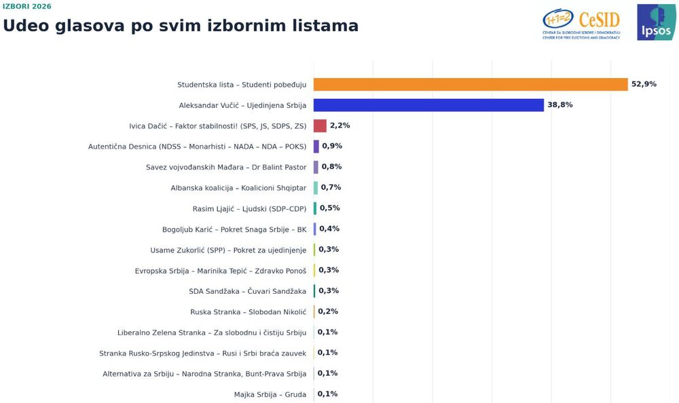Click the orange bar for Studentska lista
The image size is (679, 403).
(471, 84)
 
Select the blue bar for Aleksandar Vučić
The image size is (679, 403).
(428, 105)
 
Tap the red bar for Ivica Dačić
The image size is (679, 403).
(320, 126)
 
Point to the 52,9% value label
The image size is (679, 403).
(644, 84)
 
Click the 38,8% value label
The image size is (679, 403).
(560, 104)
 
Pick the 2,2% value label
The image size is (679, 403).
(340, 126)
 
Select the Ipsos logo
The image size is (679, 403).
(656, 22)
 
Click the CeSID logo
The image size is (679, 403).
(581, 24)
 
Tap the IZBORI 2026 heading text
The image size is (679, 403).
(27, 7)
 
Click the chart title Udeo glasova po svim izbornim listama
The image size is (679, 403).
(181, 26)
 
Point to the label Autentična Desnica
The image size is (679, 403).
(197, 147)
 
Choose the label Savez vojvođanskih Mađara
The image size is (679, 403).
(226, 167)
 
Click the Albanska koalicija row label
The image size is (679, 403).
(238, 188)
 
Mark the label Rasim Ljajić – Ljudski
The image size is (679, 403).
(249, 209)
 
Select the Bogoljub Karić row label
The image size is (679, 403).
(234, 229)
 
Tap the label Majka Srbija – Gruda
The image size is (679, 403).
(270, 394)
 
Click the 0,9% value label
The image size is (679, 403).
(332, 146)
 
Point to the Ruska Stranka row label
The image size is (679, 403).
(248, 312)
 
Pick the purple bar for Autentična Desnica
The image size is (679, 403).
(316, 147)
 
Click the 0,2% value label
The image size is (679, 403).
(328, 311)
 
